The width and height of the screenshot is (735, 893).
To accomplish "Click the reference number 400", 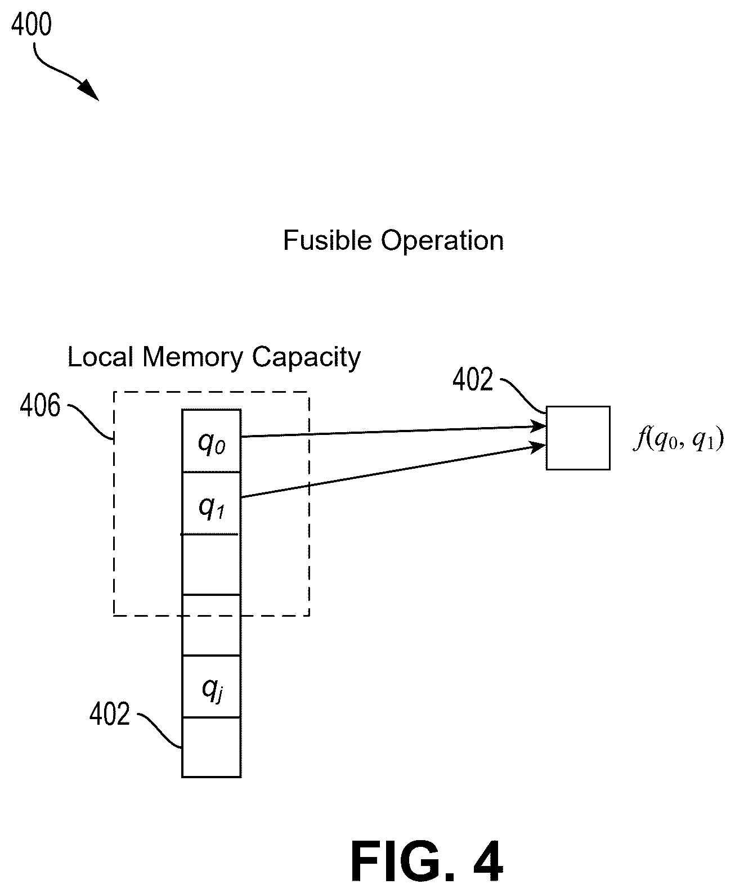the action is pos(32,24).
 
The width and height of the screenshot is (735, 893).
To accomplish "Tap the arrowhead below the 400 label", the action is pos(89,89).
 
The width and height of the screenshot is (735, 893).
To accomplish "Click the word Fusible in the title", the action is pos(328,240).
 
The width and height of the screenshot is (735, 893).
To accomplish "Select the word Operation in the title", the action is pos(442,241).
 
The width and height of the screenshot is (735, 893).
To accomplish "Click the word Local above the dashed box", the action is pos(100,357).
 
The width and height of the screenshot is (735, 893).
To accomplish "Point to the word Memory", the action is pos(192,358).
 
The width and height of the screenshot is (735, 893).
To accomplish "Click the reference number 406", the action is pos(40,406).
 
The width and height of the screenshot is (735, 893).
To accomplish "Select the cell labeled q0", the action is pos(211,441).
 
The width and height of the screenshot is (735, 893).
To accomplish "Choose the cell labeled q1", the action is pos(211,503).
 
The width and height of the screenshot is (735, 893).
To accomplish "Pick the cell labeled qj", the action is pos(211,686).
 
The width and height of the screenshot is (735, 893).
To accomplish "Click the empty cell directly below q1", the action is pos(211,564).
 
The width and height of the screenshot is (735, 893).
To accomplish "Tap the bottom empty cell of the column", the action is pos(211,747).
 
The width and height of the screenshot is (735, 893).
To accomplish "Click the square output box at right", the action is pos(578,438).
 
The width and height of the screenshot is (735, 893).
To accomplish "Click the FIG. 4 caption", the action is pos(427,861).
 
